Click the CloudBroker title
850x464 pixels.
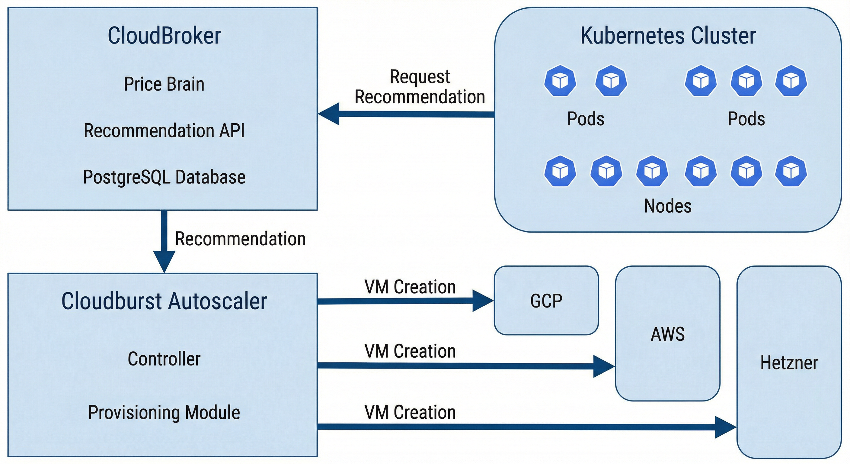(164, 36)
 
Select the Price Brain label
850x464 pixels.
(164, 84)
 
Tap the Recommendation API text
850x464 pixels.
(164, 130)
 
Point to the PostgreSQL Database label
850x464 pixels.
(164, 177)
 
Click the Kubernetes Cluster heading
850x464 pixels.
(668, 36)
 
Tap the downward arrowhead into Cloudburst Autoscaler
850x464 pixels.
(164, 261)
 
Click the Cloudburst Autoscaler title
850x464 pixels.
(164, 301)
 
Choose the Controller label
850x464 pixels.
(164, 359)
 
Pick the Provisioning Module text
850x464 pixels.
(164, 412)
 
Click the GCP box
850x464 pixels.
(546, 301)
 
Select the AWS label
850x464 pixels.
(667, 334)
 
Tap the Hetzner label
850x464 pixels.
(789, 362)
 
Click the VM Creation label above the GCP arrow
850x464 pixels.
(410, 287)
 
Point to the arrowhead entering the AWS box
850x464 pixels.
(603, 366)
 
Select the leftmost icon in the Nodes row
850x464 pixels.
(560, 171)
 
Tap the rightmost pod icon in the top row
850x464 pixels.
(791, 81)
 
